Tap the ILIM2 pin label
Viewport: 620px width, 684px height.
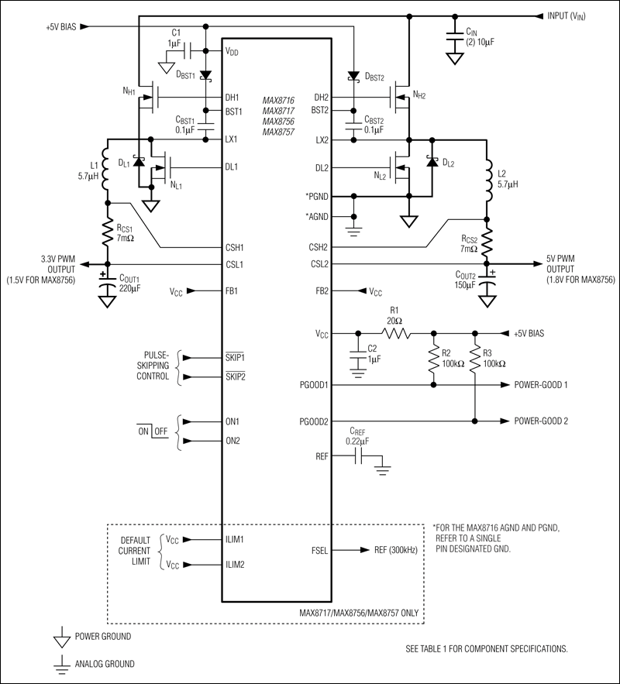(x=236, y=565)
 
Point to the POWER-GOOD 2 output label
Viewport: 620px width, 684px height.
(x=546, y=421)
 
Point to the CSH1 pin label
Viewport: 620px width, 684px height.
(x=235, y=248)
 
